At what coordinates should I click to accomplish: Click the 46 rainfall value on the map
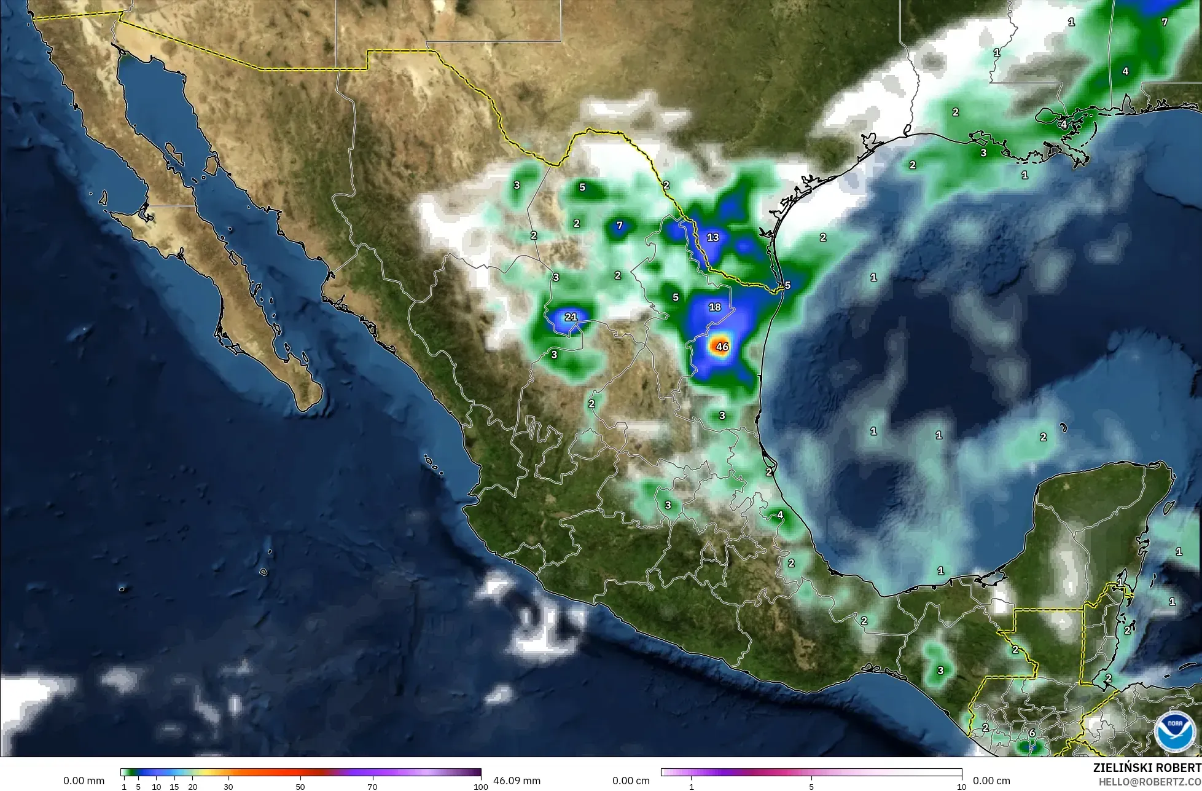pyautogui.click(x=722, y=347)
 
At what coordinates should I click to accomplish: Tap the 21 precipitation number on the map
pyautogui.click(x=571, y=317)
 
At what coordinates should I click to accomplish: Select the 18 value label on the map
pyautogui.click(x=715, y=307)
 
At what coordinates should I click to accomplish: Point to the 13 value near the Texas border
pyautogui.click(x=712, y=237)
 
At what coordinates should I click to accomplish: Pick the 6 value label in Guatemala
pyautogui.click(x=1032, y=733)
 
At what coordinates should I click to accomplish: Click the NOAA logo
pyautogui.click(x=1175, y=731)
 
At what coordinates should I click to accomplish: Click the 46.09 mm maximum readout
pyautogui.click(x=517, y=781)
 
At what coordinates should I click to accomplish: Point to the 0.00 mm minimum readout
pyautogui.click(x=84, y=781)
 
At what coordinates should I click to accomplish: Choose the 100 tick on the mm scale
pyautogui.click(x=481, y=787)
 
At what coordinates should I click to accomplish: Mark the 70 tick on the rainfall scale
pyautogui.click(x=372, y=787)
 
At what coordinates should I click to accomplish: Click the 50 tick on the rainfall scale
pyautogui.click(x=300, y=787)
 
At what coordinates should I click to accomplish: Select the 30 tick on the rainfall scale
pyautogui.click(x=228, y=787)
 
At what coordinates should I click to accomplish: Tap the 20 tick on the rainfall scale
pyautogui.click(x=193, y=787)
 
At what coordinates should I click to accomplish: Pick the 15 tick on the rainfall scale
pyautogui.click(x=174, y=787)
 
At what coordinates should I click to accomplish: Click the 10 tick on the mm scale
pyautogui.click(x=157, y=787)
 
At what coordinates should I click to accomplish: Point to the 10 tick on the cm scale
pyautogui.click(x=961, y=787)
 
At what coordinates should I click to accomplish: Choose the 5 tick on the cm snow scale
pyautogui.click(x=811, y=787)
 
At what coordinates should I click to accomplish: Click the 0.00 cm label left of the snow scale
pyautogui.click(x=631, y=781)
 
